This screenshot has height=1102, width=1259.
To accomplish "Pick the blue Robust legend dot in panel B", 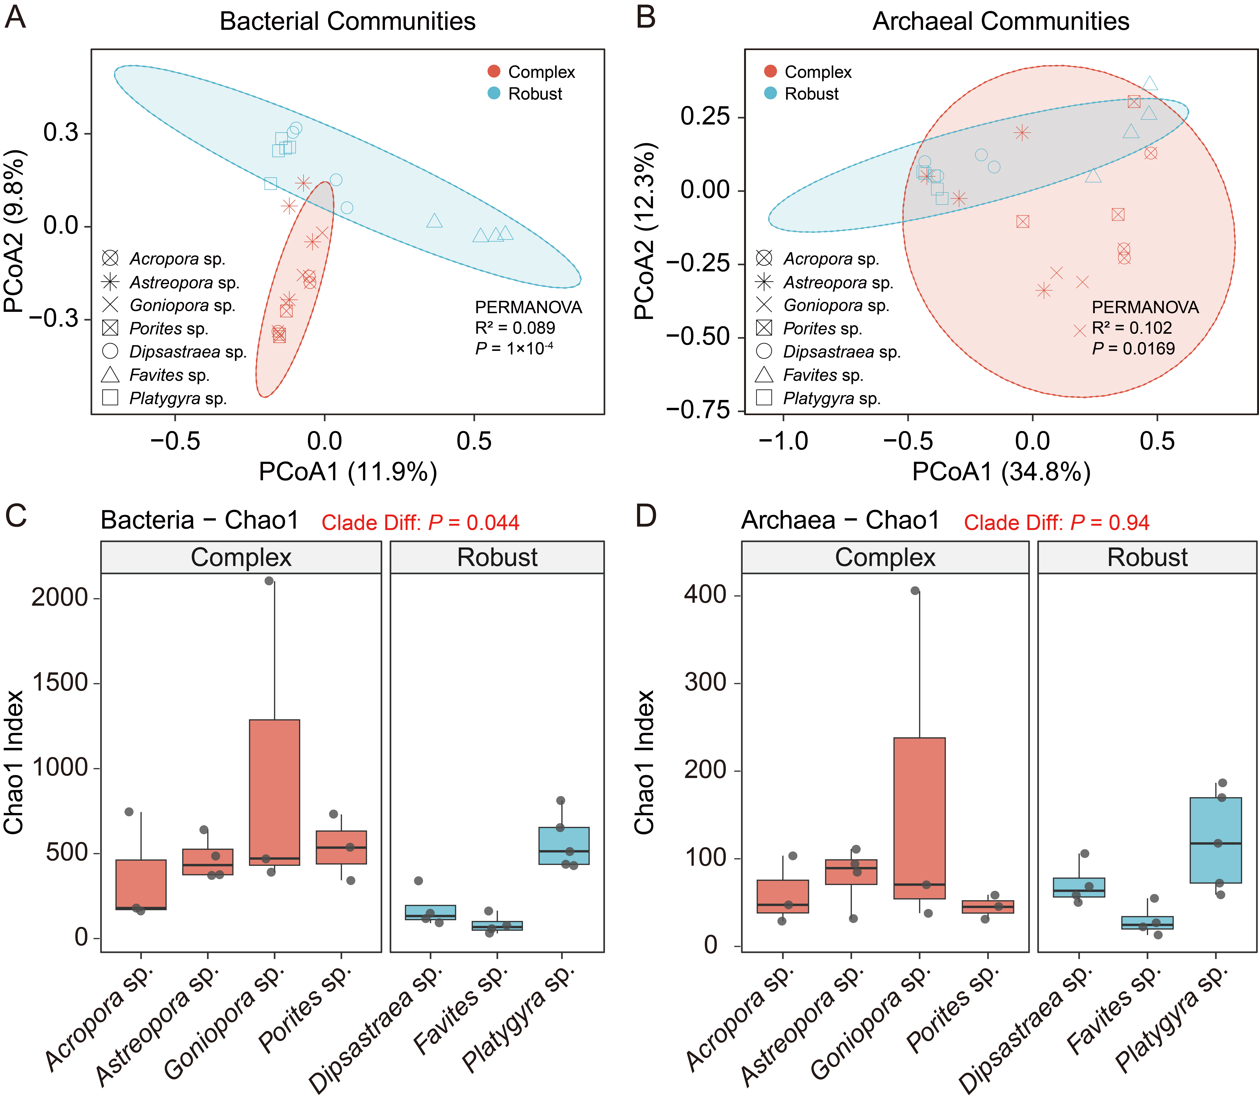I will [770, 93].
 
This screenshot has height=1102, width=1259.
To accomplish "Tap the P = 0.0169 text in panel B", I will [1133, 349].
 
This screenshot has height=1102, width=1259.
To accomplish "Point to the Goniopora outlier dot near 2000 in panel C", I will [269, 580].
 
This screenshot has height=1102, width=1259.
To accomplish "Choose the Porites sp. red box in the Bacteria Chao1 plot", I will [341, 847].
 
